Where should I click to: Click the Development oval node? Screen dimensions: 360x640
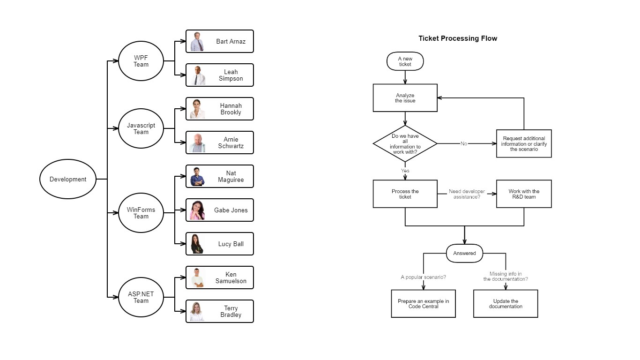pos(68,179)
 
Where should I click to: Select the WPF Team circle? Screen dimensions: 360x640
pos(141,61)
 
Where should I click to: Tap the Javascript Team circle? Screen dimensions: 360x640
pos(141,128)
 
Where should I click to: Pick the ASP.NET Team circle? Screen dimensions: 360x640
pos(141,297)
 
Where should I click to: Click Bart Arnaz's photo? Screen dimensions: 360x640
pos(198,42)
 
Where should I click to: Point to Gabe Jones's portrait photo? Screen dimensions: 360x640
pos(198,210)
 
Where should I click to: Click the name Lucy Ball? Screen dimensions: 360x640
pos(231,244)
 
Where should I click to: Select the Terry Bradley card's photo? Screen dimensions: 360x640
pos(198,311)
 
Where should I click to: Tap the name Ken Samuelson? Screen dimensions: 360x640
pos(231,277)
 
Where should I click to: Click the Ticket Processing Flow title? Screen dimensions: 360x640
pos(457,38)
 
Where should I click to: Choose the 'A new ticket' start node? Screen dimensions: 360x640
pos(405,61)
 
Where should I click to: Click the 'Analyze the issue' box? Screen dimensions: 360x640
pos(405,98)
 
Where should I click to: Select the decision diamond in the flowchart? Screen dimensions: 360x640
pos(405,143)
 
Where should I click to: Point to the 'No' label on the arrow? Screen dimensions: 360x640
pos(464,143)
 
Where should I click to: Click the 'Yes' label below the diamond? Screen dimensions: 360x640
pos(405,171)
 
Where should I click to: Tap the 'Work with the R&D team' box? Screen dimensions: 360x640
pos(524,194)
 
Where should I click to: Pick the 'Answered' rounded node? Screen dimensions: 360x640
pos(464,253)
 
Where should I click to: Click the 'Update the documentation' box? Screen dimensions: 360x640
pos(506,304)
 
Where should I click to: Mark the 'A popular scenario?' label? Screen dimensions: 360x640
pos(423,277)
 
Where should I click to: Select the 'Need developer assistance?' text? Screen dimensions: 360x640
pos(467,194)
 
